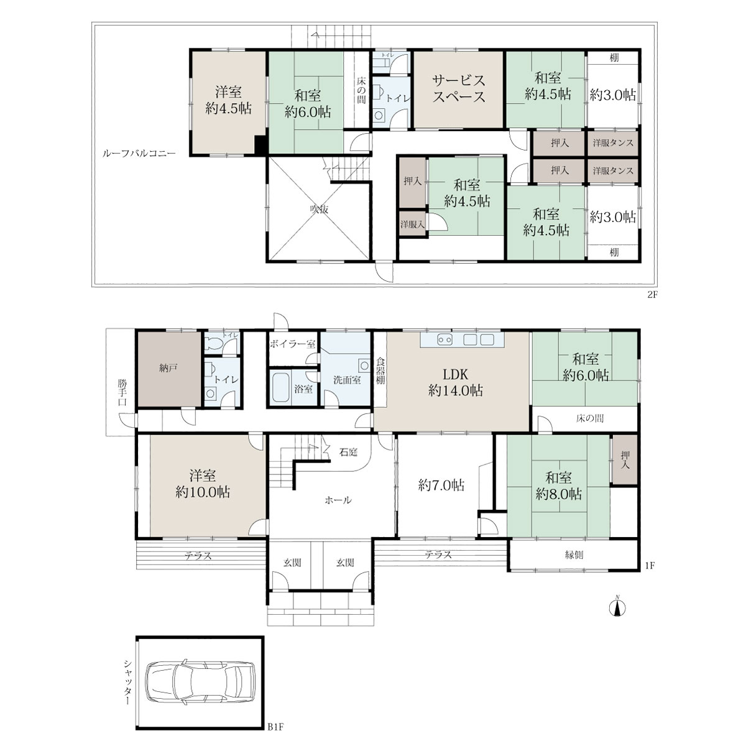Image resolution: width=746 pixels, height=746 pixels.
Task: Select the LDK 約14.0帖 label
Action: pyautogui.click(x=455, y=382)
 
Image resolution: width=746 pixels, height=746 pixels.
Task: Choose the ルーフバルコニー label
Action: pyautogui.click(x=139, y=154)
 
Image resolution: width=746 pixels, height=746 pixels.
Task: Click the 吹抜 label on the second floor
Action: pyautogui.click(x=319, y=210)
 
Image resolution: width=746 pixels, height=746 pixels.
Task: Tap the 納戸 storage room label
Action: pyautogui.click(x=168, y=368)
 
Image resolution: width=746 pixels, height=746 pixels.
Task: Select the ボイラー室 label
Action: pyautogui.click(x=293, y=344)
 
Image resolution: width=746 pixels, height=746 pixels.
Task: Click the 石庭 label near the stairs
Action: pyautogui.click(x=348, y=452)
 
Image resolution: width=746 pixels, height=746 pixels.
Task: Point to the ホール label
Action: pyautogui.click(x=338, y=500)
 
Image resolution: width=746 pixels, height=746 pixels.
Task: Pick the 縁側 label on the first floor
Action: pyautogui.click(x=574, y=555)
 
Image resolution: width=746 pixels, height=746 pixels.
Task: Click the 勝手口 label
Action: pyautogui.click(x=122, y=392)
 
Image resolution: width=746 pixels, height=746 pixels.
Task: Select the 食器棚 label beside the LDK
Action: pyautogui.click(x=380, y=371)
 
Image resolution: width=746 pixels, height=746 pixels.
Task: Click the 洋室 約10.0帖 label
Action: pyautogui.click(x=203, y=484)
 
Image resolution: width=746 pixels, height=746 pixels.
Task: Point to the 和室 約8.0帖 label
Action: pyautogui.click(x=558, y=486)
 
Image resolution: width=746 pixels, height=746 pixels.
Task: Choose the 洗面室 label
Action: pyautogui.click(x=347, y=380)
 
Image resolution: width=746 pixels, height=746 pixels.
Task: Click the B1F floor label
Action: pyautogui.click(x=275, y=727)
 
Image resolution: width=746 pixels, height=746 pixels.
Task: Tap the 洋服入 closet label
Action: pyautogui.click(x=412, y=224)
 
